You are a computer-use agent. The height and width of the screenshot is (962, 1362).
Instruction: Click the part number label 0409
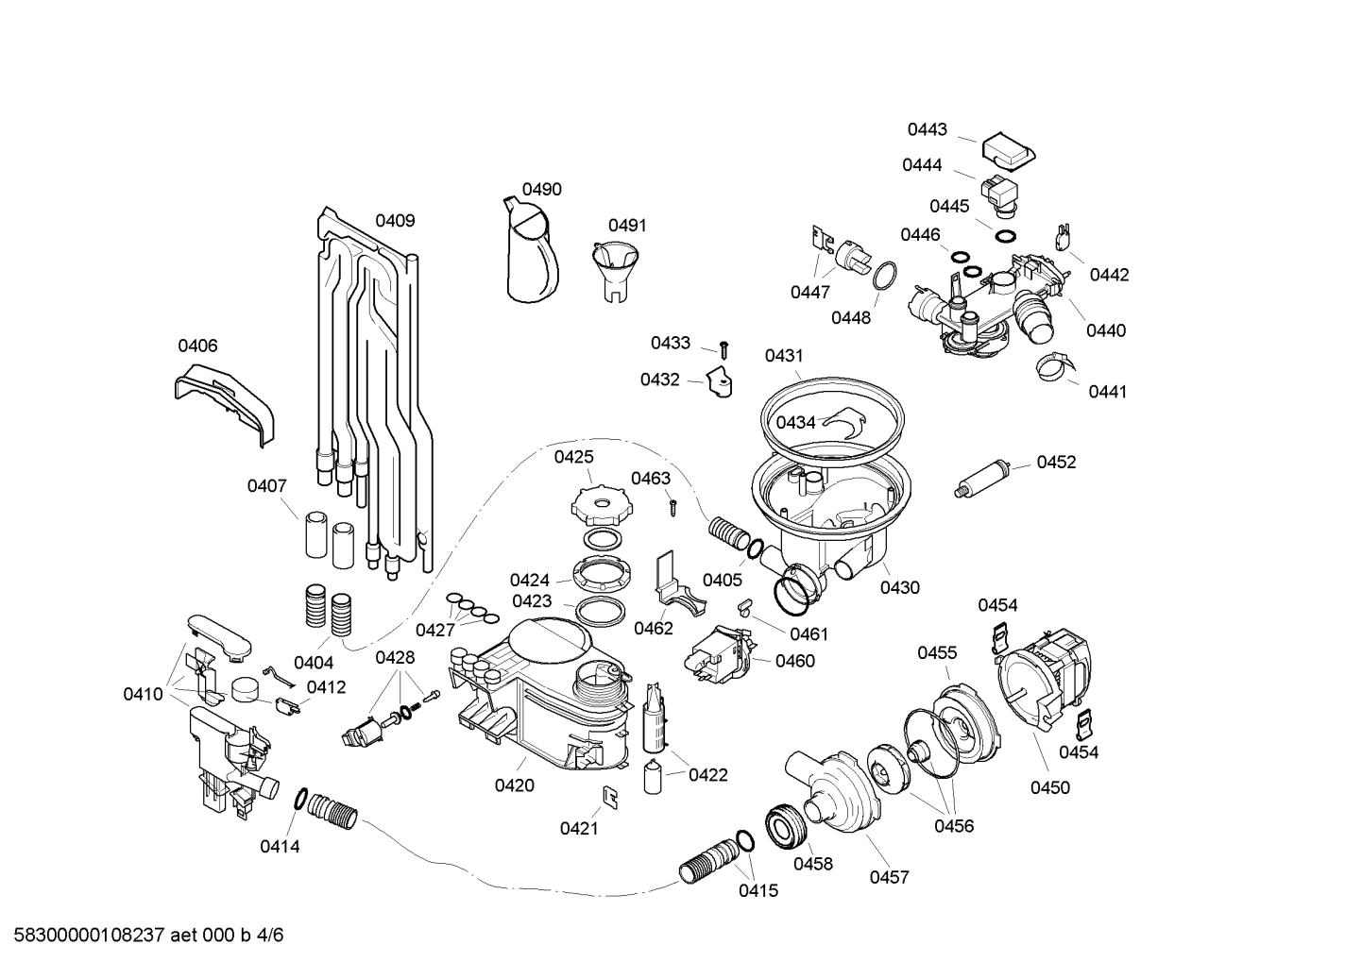point(395,221)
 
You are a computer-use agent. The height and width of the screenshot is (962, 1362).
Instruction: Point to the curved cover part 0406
point(228,400)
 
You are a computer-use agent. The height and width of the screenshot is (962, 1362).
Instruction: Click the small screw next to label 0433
point(724,349)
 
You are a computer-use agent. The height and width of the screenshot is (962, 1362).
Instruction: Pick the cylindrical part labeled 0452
point(982,478)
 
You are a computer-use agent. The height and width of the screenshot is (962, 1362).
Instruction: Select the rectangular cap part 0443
point(1010,149)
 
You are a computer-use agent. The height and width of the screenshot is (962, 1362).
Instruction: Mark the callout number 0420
point(514,785)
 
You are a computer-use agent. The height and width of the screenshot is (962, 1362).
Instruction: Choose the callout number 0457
point(889,877)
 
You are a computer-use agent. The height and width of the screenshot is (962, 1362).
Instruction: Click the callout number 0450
point(1049,787)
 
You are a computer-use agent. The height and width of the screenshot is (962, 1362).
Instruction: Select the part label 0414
point(280,847)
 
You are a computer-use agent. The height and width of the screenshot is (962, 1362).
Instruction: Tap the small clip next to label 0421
point(611,796)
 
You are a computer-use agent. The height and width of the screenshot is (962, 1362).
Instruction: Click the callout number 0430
point(899,587)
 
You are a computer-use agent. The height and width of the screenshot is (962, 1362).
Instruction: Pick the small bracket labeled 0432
point(720,383)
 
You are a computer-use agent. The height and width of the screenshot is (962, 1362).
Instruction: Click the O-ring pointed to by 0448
point(885,277)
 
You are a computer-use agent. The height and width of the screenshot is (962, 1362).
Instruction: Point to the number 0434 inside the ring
point(795,422)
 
